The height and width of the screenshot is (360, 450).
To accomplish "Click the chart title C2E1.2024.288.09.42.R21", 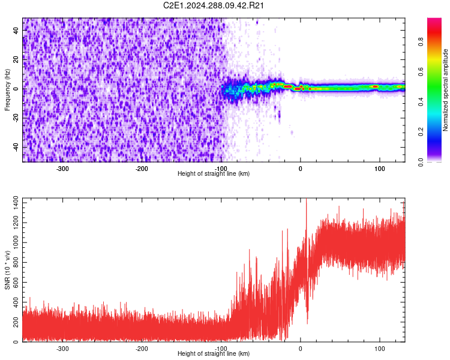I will click(214, 5).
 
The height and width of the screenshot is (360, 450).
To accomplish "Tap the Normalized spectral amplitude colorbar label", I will click(446, 90).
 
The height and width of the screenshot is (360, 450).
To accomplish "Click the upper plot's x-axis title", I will click(214, 173).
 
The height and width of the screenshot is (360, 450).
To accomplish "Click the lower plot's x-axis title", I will click(214, 353).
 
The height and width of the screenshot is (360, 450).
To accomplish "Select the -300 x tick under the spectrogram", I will click(62, 169).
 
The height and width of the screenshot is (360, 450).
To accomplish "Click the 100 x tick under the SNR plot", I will click(379, 348).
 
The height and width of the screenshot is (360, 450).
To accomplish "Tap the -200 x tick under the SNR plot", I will click(142, 348).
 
